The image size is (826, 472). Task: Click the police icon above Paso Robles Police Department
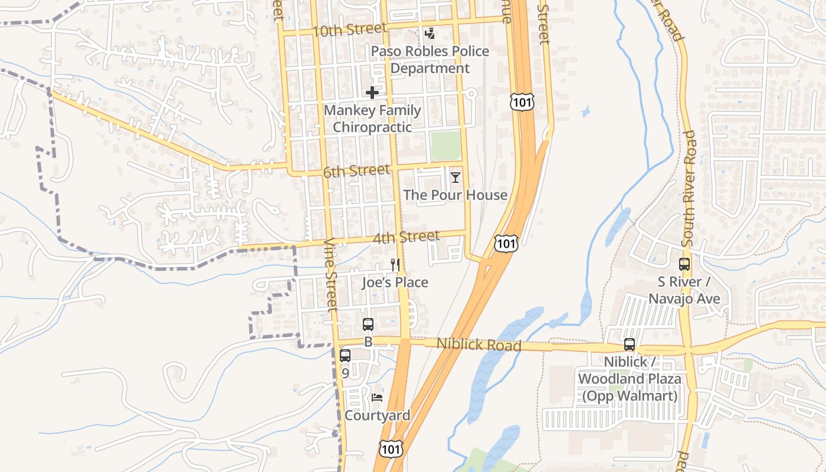click(x=430, y=34)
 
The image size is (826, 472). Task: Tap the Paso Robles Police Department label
click(x=430, y=60)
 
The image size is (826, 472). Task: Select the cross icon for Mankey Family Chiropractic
click(x=372, y=93)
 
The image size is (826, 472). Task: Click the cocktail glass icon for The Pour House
click(x=455, y=177)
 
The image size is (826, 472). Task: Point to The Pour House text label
click(x=455, y=195)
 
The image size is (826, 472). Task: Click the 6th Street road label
click(x=356, y=172)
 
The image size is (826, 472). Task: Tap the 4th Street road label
click(x=406, y=238)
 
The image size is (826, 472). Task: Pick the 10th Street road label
click(x=349, y=29)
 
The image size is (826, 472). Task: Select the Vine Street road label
click(x=332, y=274)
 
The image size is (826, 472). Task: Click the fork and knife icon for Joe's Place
click(x=395, y=265)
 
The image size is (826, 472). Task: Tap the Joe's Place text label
click(x=395, y=283)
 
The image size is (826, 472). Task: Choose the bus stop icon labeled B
click(x=368, y=324)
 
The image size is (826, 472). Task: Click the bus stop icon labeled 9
click(x=345, y=356)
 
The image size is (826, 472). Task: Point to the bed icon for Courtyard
click(x=377, y=398)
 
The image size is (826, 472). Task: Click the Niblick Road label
click(x=479, y=345)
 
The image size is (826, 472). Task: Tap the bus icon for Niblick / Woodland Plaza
click(x=630, y=345)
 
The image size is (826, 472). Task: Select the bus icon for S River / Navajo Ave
click(x=684, y=264)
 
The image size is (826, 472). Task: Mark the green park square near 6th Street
click(x=445, y=146)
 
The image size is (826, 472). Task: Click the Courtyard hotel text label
click(x=377, y=415)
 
